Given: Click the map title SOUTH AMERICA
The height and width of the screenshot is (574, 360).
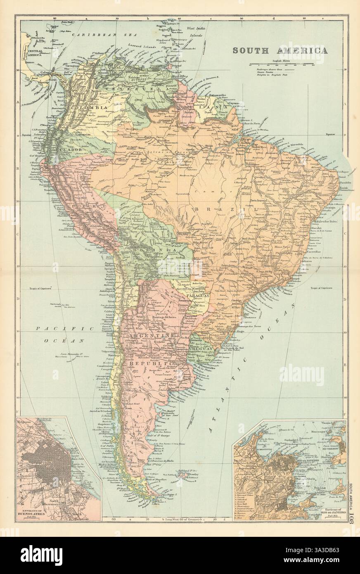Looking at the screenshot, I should [x=280, y=51].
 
